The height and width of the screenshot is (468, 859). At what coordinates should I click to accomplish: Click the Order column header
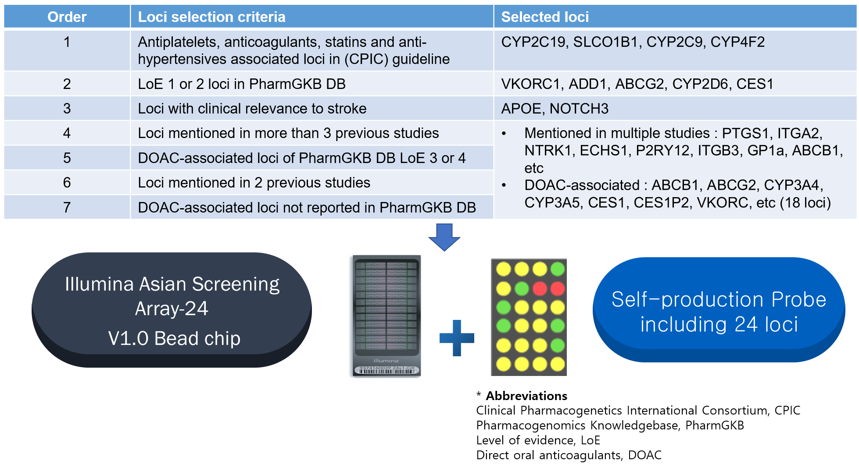(x=67, y=17)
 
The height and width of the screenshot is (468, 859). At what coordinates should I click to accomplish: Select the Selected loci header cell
(x=544, y=17)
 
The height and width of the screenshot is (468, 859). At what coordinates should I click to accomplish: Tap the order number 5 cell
(x=67, y=158)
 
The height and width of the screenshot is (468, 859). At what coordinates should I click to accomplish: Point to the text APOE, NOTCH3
(x=554, y=108)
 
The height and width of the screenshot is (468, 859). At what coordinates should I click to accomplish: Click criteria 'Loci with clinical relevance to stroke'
(x=252, y=108)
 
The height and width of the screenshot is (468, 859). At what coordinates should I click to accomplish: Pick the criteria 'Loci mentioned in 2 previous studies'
(x=254, y=182)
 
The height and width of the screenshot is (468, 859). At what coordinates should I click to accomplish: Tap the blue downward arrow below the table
(x=444, y=237)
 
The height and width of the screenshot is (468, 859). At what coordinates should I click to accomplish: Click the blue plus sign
(x=457, y=338)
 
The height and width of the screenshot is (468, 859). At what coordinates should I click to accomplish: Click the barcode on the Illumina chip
(x=386, y=370)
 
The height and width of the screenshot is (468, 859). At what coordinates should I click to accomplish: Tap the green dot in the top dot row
(x=558, y=269)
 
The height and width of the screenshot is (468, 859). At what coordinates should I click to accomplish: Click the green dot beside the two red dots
(x=522, y=288)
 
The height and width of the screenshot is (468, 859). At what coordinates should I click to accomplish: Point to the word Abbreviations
(x=526, y=396)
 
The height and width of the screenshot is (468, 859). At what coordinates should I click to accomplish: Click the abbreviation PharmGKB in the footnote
(x=714, y=425)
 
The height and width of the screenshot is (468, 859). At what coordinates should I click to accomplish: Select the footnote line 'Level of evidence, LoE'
(x=538, y=440)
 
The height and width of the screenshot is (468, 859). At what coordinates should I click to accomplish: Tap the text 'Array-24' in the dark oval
(x=172, y=308)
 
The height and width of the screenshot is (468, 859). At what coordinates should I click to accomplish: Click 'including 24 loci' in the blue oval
(x=719, y=324)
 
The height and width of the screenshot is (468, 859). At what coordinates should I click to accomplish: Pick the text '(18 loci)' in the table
(x=805, y=202)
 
